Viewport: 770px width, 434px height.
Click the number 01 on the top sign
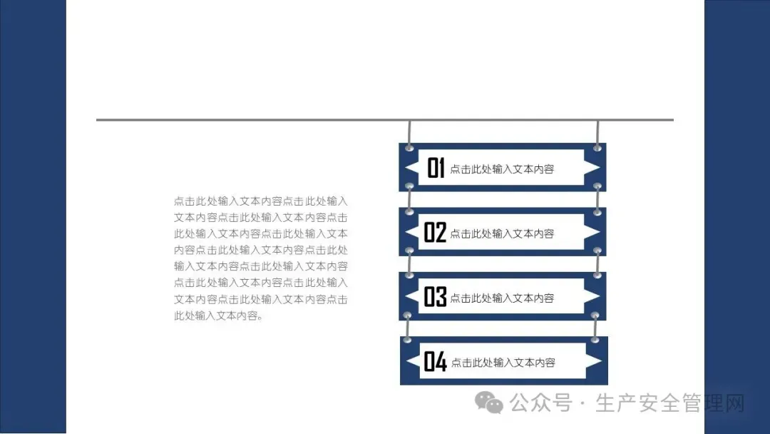click(436, 168)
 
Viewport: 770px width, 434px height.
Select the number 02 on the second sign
click(435, 233)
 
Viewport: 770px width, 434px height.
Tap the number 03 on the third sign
click(435, 297)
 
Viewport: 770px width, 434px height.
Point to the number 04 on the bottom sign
click(435, 362)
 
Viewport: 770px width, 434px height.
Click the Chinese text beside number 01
click(502, 169)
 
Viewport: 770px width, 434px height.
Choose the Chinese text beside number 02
click(502, 233)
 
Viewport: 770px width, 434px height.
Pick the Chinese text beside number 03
click(502, 298)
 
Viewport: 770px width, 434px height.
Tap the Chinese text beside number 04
click(503, 363)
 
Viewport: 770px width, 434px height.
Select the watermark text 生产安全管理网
click(669, 403)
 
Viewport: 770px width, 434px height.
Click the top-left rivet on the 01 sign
click(409, 148)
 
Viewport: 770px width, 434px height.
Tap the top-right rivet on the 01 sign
click(597, 148)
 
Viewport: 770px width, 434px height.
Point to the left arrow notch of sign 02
click(411, 233)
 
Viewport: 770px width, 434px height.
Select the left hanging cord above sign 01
click(409, 132)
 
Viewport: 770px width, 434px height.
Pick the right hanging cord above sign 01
click(597, 132)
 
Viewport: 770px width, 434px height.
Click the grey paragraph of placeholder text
click(261, 258)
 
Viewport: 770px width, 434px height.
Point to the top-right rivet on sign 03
click(597, 276)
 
